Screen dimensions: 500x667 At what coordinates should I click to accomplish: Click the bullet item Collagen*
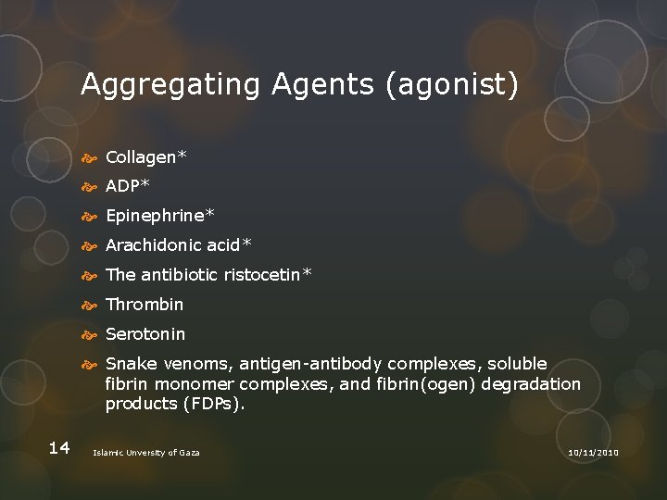145,156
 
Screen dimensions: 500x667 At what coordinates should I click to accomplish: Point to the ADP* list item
128,186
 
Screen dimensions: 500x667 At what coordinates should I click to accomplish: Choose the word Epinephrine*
159,216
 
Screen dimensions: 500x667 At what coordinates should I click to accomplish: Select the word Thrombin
145,305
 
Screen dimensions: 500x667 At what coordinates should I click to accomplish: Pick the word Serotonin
145,334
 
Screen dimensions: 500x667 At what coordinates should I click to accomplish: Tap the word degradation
532,384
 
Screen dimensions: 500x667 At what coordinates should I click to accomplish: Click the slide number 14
58,448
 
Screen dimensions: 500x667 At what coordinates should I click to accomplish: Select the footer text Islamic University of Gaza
146,452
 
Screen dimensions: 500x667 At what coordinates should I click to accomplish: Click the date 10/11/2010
592,452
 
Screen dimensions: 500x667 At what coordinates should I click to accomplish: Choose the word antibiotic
178,275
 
